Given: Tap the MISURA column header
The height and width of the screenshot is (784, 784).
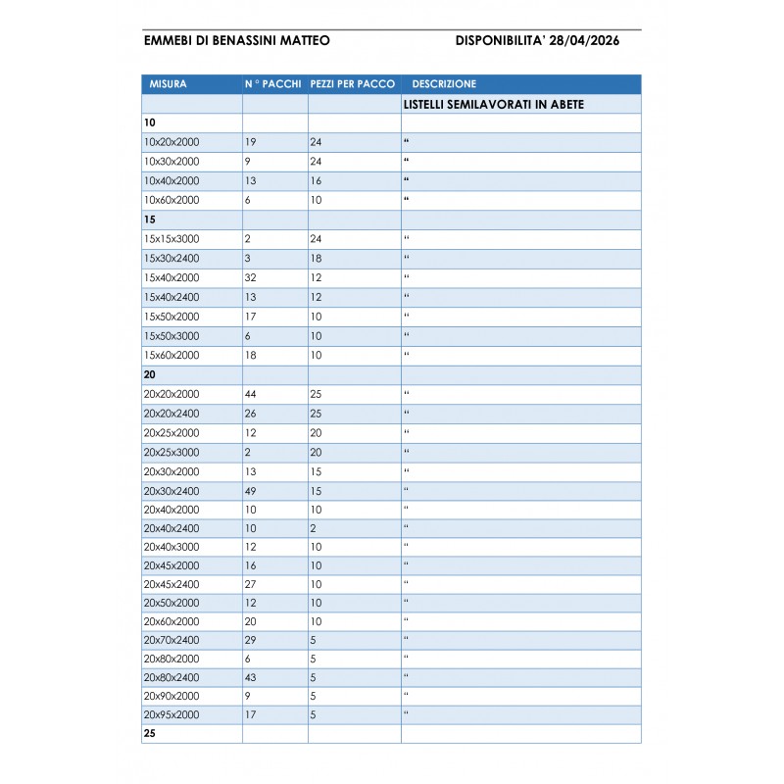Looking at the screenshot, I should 168,84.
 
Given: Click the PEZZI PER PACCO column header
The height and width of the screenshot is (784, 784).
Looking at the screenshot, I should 353,84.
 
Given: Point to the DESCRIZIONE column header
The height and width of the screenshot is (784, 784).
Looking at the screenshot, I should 444,84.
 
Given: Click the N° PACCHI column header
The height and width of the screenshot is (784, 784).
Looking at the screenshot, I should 273,84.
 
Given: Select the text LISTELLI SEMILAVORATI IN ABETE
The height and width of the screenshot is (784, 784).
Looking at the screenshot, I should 494,104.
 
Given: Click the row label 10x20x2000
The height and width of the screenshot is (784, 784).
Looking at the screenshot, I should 171,142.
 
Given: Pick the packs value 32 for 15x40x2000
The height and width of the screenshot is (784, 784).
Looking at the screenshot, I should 251,277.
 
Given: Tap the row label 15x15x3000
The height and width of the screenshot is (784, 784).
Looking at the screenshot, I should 171,239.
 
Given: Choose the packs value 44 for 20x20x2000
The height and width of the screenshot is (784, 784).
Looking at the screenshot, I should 251,394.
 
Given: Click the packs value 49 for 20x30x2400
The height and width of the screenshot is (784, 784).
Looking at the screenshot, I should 251,490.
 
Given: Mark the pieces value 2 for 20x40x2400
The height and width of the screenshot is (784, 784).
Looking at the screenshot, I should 313,528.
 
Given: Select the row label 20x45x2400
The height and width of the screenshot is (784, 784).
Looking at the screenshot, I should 171,584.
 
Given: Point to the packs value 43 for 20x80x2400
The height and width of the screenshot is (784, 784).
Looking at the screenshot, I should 251,677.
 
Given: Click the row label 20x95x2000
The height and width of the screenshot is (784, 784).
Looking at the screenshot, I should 171,714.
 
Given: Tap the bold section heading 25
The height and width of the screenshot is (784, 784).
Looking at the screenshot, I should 150,733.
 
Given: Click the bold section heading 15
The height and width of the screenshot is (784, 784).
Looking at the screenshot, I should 150,220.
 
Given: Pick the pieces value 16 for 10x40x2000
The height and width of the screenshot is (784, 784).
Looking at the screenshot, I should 316,180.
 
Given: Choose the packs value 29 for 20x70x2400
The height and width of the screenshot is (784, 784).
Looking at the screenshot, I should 251,640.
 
